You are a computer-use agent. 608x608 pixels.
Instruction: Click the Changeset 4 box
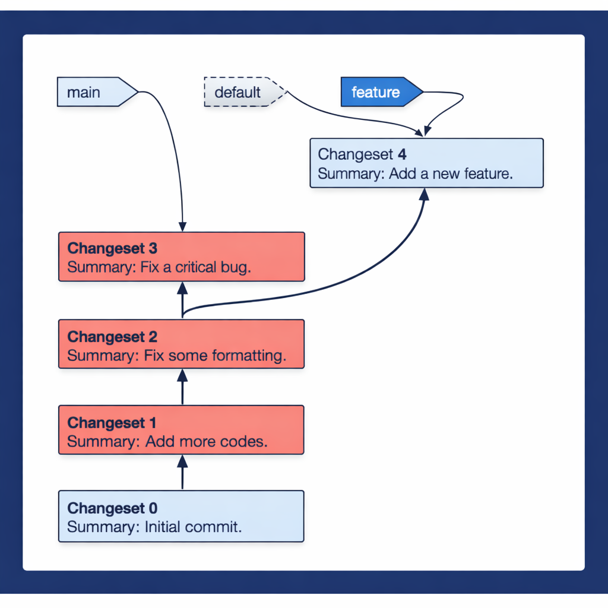click(426, 163)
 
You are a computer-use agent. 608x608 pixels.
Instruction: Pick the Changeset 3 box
click(181, 256)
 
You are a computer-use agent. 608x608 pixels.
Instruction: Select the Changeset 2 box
click(181, 344)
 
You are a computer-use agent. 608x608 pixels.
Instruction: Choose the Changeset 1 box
click(181, 430)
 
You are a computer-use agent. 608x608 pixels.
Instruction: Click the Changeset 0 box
click(181, 516)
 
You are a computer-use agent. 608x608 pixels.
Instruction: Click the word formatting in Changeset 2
click(249, 356)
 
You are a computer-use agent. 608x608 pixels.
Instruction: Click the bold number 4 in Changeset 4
click(402, 154)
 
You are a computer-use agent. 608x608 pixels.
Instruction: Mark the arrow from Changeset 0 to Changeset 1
click(182, 473)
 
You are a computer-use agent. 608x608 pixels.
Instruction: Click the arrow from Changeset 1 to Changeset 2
click(182, 387)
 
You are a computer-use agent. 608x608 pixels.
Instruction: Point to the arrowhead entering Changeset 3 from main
click(182, 227)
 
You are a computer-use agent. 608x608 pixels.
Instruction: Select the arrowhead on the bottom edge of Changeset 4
click(424, 194)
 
